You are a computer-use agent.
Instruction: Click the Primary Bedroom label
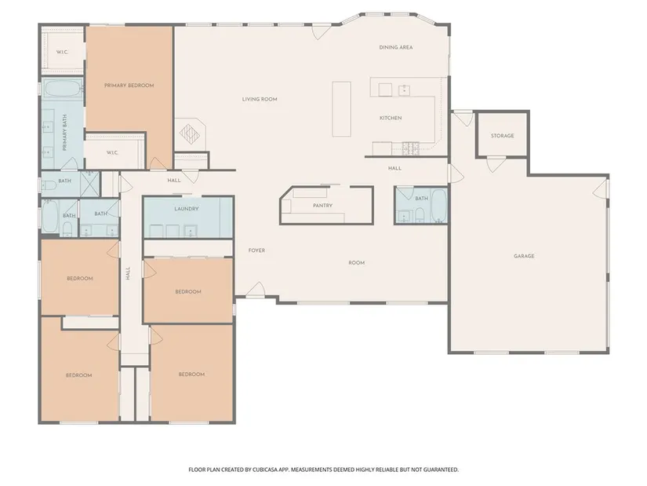(x=129, y=86)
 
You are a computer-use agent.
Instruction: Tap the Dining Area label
(x=396, y=48)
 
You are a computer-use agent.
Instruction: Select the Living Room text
(x=260, y=99)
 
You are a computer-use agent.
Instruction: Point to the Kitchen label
(x=391, y=119)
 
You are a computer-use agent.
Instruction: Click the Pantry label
(x=322, y=206)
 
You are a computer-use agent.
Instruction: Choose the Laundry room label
(x=187, y=209)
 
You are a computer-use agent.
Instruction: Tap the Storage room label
(x=502, y=136)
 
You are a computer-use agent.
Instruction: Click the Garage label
(x=524, y=256)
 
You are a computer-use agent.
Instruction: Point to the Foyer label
(x=256, y=250)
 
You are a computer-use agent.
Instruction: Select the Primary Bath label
(x=65, y=133)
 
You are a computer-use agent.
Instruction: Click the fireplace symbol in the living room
(x=190, y=134)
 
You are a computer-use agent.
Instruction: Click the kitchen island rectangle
(x=342, y=109)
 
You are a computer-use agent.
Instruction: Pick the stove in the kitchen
(x=411, y=148)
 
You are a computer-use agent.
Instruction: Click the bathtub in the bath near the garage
(x=438, y=206)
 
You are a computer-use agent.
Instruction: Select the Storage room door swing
(x=496, y=164)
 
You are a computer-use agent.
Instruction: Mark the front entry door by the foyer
(x=256, y=289)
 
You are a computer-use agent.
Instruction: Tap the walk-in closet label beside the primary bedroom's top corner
(x=62, y=53)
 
